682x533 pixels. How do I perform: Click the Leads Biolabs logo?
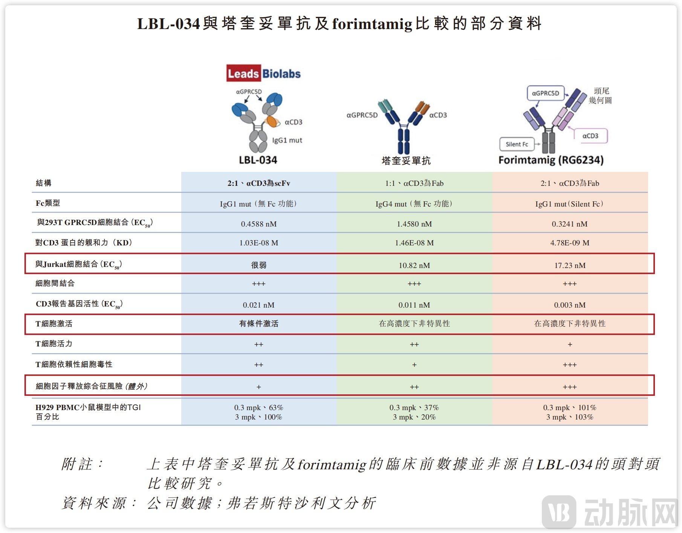(x=263, y=74)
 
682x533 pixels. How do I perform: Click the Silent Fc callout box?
(x=517, y=144)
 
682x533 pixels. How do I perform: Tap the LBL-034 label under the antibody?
(x=258, y=160)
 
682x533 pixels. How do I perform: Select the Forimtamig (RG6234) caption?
(x=551, y=160)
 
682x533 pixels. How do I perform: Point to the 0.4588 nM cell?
(x=258, y=224)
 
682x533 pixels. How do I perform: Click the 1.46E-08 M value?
(x=414, y=243)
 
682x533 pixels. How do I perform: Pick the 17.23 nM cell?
(x=570, y=265)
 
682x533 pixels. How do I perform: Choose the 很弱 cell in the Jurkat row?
(x=258, y=265)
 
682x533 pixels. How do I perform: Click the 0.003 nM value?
(x=570, y=305)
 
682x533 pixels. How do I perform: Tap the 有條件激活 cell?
(x=258, y=324)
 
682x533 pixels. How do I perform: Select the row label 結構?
(x=44, y=183)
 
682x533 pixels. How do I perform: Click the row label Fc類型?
(x=48, y=203)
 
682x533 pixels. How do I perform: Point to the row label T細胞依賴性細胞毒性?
(x=74, y=365)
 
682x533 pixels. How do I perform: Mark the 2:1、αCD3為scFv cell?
(x=258, y=184)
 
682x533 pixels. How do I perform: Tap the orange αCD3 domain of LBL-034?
(x=271, y=121)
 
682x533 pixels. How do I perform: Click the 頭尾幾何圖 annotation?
(x=600, y=96)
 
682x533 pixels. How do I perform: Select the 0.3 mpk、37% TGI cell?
(x=414, y=408)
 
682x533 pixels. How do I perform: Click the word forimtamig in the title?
(x=372, y=24)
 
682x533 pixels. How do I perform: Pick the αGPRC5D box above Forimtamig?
(x=545, y=93)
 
